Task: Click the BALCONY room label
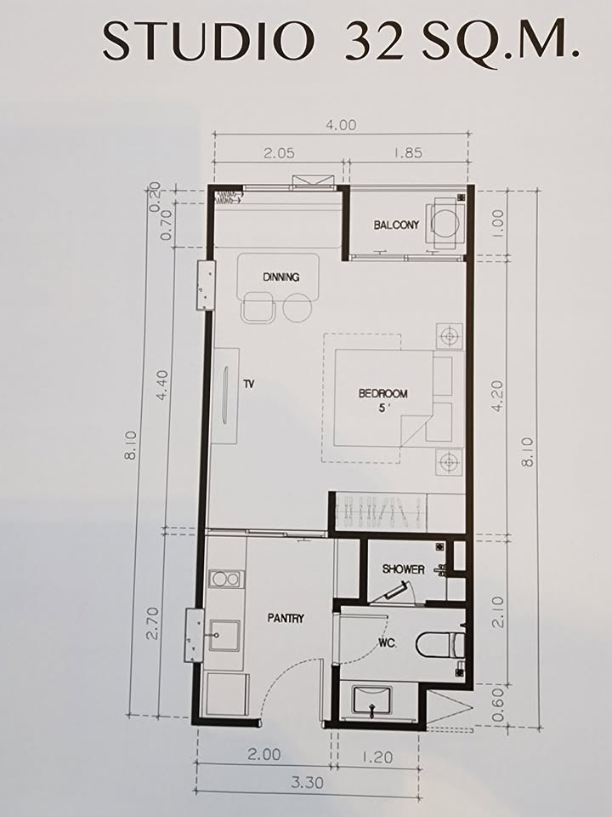point(396,225)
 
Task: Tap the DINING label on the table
point(281,277)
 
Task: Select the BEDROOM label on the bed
point(383,393)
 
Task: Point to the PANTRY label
point(286,619)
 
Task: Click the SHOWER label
point(403,569)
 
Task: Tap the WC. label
point(388,644)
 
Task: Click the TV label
point(249,384)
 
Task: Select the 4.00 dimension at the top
point(342,125)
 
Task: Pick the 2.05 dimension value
point(279,152)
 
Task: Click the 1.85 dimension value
point(407,152)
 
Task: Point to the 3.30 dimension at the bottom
point(307,782)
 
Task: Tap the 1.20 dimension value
point(377,756)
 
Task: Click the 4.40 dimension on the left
point(162,385)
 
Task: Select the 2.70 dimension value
point(152,623)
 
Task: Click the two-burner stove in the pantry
point(226,579)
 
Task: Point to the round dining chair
point(297,307)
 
